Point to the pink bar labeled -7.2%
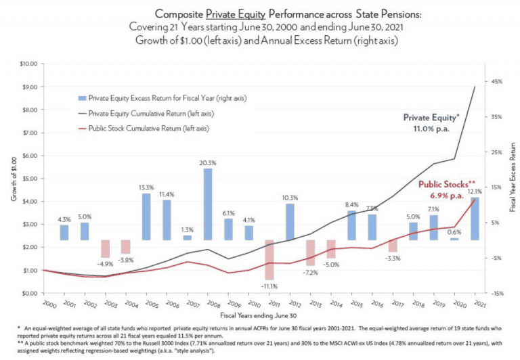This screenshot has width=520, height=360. tap(311, 252)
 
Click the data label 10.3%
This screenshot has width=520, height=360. tap(290, 198)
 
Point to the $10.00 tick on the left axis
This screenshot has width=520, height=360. tap(28, 64)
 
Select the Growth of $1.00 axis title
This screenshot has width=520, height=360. tap(12, 179)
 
